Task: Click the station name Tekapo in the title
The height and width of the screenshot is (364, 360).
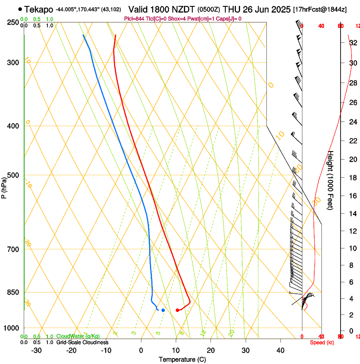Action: click(39, 9)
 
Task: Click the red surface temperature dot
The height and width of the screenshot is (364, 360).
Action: click(177, 310)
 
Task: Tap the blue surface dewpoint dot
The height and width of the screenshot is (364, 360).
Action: click(163, 310)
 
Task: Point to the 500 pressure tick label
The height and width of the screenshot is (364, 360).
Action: click(13, 175)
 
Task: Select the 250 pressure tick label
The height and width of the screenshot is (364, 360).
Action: click(13, 22)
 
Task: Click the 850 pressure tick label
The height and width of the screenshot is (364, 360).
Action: click(13, 292)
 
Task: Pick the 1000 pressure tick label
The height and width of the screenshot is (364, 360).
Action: click(11, 328)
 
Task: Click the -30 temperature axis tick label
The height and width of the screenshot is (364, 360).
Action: click(36, 350)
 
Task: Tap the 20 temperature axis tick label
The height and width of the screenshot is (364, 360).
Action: click(211, 350)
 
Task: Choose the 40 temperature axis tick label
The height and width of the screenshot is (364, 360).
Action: click(280, 350)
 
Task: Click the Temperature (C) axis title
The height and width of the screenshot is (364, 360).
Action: click(182, 359)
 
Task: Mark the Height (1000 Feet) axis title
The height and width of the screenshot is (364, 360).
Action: click(331, 180)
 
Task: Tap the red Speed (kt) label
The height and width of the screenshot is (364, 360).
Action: click(322, 342)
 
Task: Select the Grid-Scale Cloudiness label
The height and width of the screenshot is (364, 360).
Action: click(82, 342)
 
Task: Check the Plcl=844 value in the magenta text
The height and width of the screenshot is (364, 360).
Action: click(134, 19)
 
